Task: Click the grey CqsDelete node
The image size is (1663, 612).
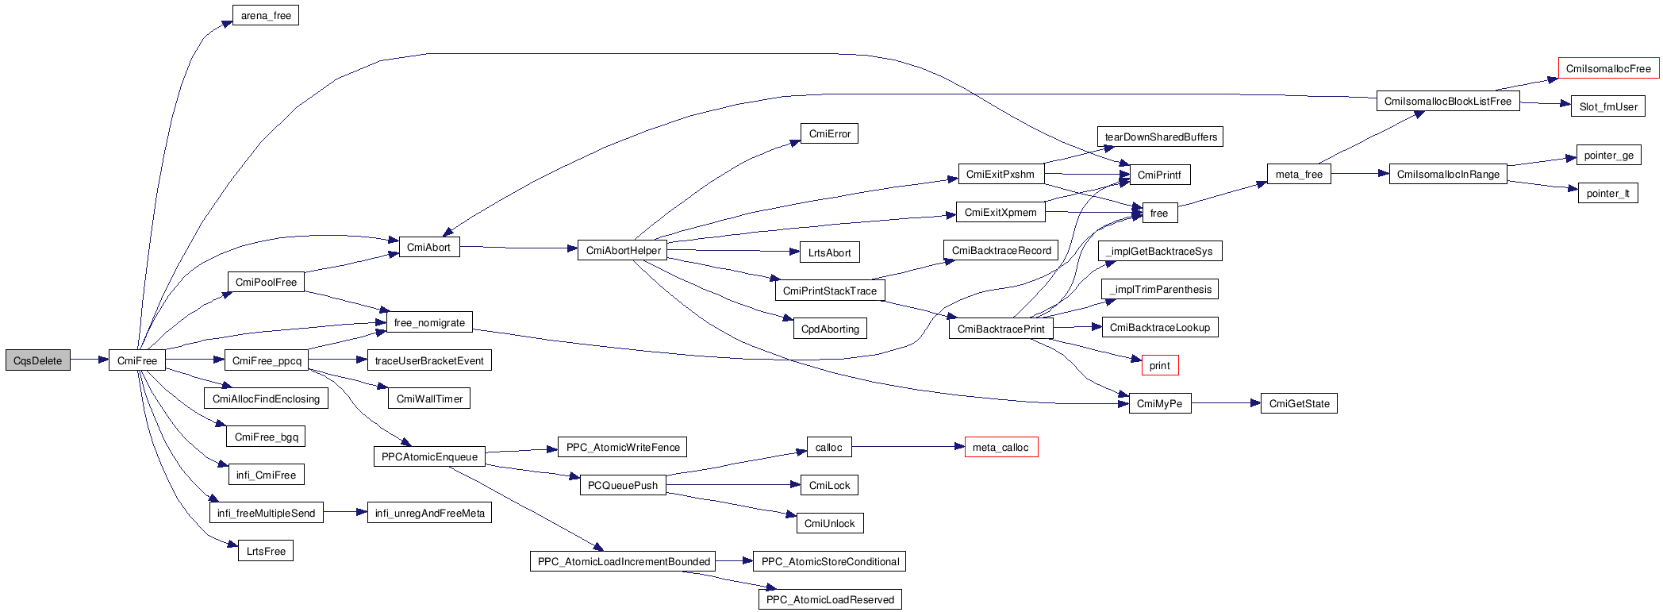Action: pyautogui.click(x=37, y=360)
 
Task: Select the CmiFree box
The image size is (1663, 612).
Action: pyautogui.click(x=137, y=360)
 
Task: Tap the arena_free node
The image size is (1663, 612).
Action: pyautogui.click(x=266, y=16)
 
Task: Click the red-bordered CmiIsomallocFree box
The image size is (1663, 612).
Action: pyautogui.click(x=1608, y=69)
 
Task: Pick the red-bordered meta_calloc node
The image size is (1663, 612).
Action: pyautogui.click(x=1000, y=448)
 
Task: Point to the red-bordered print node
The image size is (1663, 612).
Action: pyautogui.click(x=1159, y=366)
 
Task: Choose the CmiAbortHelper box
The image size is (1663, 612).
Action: pyautogui.click(x=623, y=251)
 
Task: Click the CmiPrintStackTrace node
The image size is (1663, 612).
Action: pyautogui.click(x=829, y=291)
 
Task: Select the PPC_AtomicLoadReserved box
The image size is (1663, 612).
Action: pyautogui.click(x=830, y=600)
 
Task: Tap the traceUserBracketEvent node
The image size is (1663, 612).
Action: pyautogui.click(x=429, y=361)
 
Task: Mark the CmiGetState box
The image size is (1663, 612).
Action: pyautogui.click(x=1299, y=404)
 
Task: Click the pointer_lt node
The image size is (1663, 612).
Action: pyautogui.click(x=1607, y=194)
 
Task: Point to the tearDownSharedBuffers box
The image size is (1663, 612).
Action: pyautogui.click(x=1160, y=137)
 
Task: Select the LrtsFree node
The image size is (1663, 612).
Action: pyautogui.click(x=266, y=552)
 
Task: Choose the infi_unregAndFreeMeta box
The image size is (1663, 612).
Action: pyautogui.click(x=429, y=514)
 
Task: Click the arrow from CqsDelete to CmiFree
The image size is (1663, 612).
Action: pyautogui.click(x=89, y=360)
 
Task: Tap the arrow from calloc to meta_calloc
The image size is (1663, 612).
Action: pyautogui.click(x=908, y=447)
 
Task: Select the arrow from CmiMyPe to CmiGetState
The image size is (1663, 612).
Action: pyautogui.click(x=1226, y=403)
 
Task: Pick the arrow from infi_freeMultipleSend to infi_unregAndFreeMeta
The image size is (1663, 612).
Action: pyautogui.click(x=345, y=513)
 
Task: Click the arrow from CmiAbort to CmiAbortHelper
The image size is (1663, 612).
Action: pyautogui.click(x=519, y=248)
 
